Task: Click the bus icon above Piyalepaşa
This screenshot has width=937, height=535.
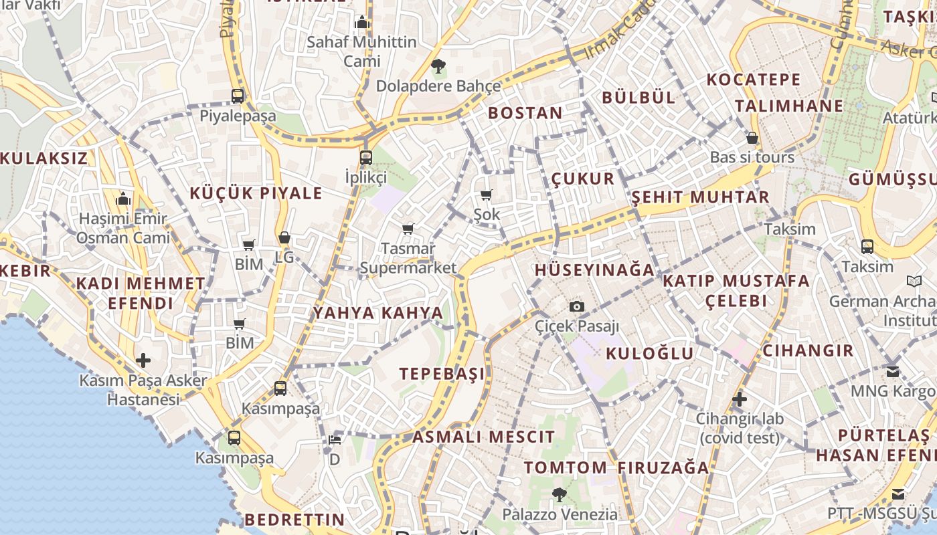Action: coord(238,96)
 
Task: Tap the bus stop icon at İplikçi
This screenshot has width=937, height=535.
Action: coord(365,158)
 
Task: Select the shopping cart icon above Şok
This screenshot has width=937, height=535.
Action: coord(487,195)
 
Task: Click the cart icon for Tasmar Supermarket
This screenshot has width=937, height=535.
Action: coord(408,229)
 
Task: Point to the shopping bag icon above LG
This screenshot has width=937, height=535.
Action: coord(284,237)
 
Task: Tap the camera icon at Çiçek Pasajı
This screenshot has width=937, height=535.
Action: coord(576,306)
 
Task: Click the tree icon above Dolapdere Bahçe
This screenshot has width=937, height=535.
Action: coord(438,66)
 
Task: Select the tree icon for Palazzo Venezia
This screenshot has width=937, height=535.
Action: coord(560,495)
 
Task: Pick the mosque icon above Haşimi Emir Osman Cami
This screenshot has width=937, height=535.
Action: coord(122,199)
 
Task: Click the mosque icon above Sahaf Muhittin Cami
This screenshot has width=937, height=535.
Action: coord(362,22)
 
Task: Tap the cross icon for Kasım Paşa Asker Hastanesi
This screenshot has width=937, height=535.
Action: coord(143,360)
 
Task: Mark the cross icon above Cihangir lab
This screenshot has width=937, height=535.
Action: coord(740,399)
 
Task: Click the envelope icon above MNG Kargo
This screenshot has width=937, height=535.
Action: coord(893,370)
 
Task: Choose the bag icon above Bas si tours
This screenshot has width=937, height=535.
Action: coord(752,138)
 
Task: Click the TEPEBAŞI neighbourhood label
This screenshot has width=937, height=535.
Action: coord(442,373)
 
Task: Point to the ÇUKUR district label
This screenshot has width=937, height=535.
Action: coord(583,179)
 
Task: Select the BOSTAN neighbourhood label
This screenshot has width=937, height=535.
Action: coord(525,113)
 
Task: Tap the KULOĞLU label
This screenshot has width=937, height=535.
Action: coord(650,353)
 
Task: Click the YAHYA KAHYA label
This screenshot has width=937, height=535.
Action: coord(378,313)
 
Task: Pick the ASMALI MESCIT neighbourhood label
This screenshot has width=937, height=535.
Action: coord(484,437)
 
